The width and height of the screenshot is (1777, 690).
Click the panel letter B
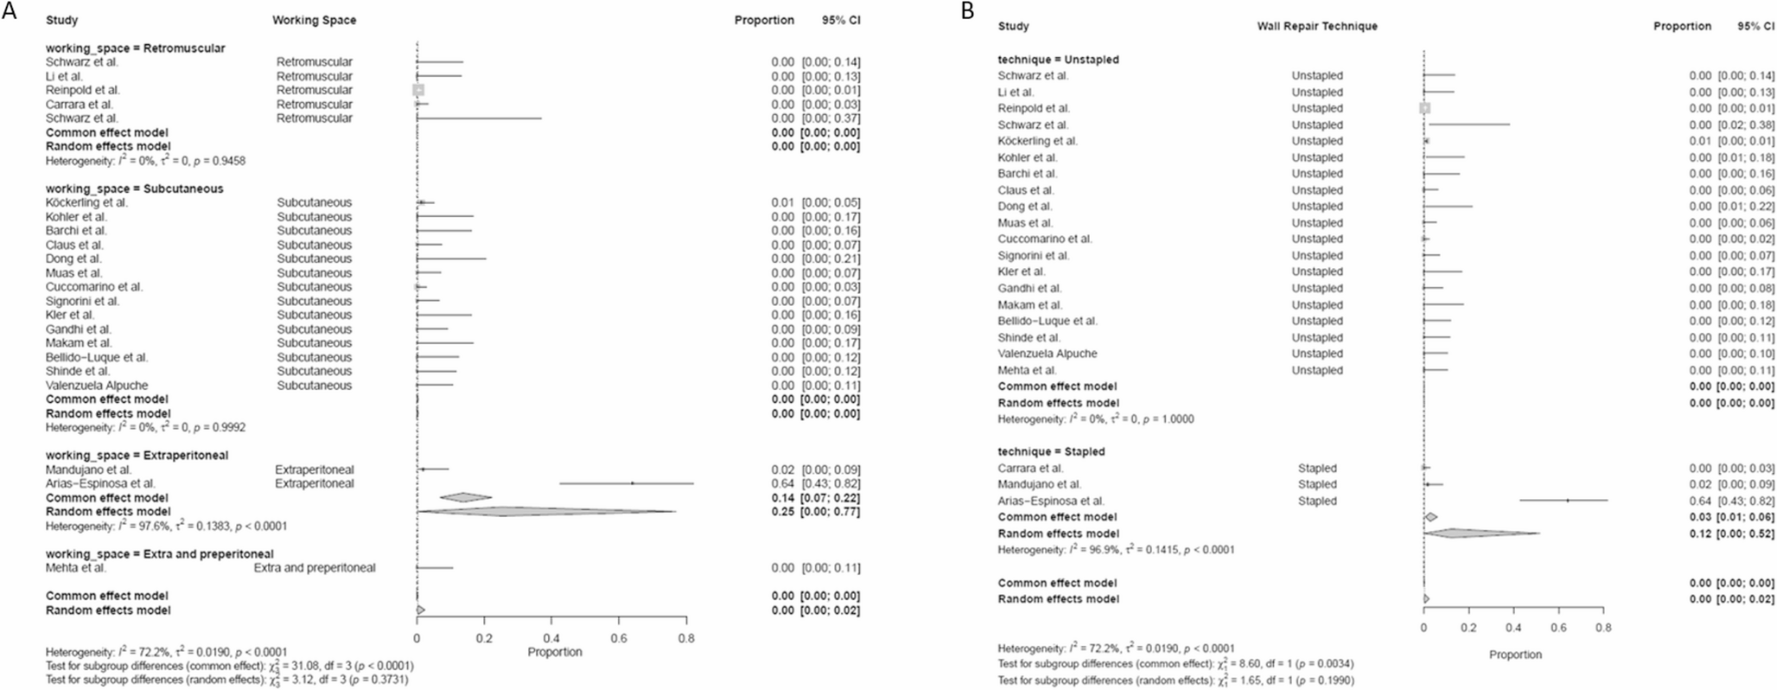click(967, 10)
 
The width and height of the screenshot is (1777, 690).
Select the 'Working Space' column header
click(314, 20)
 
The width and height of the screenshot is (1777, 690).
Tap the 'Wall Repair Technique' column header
click(1316, 26)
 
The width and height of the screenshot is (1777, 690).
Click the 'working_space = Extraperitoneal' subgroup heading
click(137, 455)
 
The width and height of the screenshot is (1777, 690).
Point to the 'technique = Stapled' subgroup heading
click(1051, 451)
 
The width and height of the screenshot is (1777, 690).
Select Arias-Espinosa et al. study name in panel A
click(100, 483)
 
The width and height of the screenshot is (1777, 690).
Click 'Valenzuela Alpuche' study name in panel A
click(97, 385)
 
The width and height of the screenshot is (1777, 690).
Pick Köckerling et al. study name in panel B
click(1038, 141)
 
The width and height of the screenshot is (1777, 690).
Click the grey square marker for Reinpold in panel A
click(418, 90)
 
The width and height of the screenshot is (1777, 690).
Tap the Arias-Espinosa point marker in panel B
click(1568, 501)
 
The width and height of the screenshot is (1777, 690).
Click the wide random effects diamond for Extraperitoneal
click(545, 512)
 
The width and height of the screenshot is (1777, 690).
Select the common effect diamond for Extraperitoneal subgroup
click(465, 497)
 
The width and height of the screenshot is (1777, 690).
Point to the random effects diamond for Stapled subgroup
click(1480, 533)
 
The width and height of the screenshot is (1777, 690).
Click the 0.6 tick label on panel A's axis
click(619, 638)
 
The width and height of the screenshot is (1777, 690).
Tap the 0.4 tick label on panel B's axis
click(1513, 628)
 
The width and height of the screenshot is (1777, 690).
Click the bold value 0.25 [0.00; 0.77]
click(815, 512)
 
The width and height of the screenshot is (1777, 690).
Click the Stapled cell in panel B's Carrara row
click(1317, 468)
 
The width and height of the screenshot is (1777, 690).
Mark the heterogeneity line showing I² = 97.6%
click(166, 526)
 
